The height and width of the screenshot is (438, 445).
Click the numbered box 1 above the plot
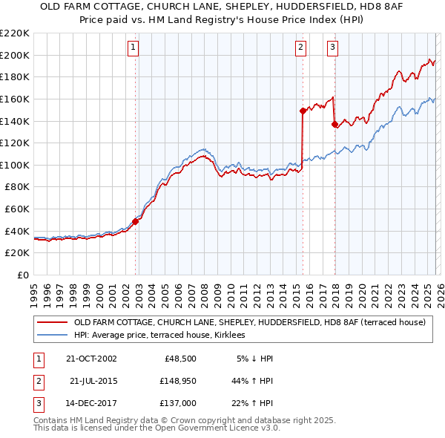click(x=133, y=48)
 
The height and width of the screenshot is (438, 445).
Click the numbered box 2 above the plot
click(x=300, y=48)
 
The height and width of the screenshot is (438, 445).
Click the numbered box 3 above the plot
click(x=332, y=48)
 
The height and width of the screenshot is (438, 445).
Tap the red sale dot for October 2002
click(x=136, y=220)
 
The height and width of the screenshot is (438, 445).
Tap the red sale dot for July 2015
click(x=303, y=111)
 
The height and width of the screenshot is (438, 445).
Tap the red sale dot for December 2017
click(x=334, y=124)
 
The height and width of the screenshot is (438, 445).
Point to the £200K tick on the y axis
click(x=16, y=55)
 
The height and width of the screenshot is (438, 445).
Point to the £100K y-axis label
click(x=16, y=165)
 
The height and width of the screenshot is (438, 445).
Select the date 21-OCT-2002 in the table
click(x=91, y=359)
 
